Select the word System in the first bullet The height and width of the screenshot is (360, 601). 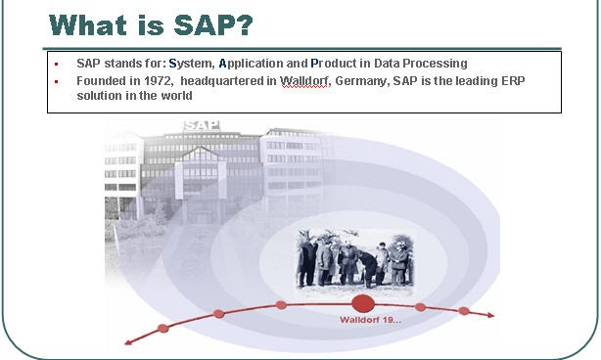click(192, 63)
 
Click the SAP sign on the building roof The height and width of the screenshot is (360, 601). click(201, 125)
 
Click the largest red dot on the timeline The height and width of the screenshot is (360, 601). click(363, 303)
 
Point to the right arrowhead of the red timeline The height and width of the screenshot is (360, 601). click(492, 315)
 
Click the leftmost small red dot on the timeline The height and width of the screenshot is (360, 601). click(163, 328)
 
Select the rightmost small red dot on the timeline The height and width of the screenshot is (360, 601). click(464, 311)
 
